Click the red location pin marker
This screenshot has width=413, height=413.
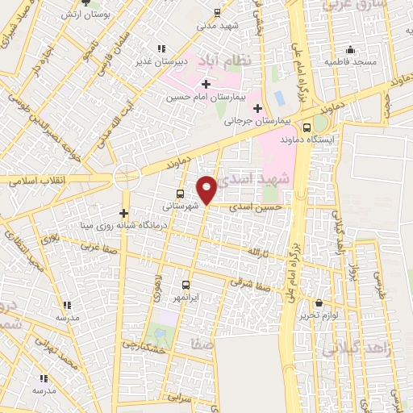click(x=207, y=190)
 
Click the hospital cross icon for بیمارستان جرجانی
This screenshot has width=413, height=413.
click(x=257, y=108)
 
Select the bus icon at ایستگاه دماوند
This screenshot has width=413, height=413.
click(x=307, y=127)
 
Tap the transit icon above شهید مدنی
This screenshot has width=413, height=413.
click(x=216, y=12)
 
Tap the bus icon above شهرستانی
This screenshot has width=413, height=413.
click(x=179, y=194)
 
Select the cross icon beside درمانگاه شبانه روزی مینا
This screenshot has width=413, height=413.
click(x=123, y=214)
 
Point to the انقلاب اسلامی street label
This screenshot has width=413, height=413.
click(x=39, y=181)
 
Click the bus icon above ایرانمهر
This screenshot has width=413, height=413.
click(x=186, y=285)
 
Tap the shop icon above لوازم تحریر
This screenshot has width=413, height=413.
click(x=320, y=303)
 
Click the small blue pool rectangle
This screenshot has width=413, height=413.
click(x=280, y=98)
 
